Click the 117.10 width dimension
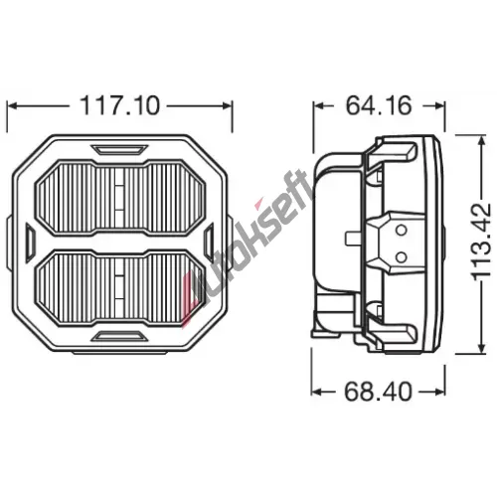click(x=120, y=105)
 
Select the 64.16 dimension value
click(x=379, y=105)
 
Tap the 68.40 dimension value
click(x=378, y=392)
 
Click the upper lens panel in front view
click(x=119, y=198)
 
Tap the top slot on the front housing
click(x=119, y=149)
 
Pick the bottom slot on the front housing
click(x=119, y=336)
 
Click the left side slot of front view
click(x=30, y=242)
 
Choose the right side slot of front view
click(x=209, y=242)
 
